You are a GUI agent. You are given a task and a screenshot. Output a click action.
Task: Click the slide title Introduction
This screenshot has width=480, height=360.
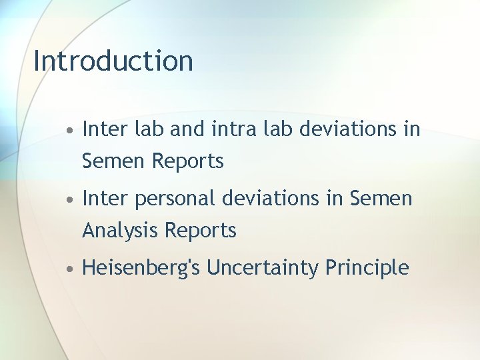[x=113, y=61]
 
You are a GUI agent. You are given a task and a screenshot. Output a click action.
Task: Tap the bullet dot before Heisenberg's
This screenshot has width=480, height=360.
[x=70, y=269]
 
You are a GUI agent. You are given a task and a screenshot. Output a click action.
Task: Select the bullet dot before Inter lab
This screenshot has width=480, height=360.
[x=70, y=129]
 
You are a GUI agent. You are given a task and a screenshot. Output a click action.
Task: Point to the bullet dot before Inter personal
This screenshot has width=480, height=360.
[x=70, y=199]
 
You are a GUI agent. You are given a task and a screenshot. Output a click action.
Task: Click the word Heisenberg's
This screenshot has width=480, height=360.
[x=141, y=268]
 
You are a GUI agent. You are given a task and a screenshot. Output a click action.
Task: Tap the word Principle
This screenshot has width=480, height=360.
[x=367, y=268]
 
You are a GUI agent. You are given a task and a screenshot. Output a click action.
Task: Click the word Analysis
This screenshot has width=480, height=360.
[x=121, y=231]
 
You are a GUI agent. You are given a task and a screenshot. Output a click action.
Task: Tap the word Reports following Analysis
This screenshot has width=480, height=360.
[x=201, y=231]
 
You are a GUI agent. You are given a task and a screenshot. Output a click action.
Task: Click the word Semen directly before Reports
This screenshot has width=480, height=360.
[x=114, y=161]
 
